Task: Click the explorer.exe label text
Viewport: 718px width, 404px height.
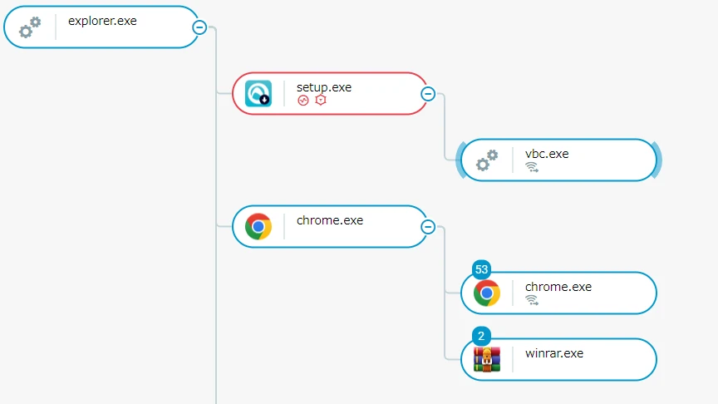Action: point(102,21)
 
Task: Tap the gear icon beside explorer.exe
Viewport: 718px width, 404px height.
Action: point(30,27)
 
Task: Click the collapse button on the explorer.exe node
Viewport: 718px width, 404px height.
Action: point(199,27)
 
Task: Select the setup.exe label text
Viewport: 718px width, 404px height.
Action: point(324,86)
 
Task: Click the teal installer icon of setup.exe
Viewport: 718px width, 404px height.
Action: point(258,93)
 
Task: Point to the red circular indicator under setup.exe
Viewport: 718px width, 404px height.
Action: point(303,101)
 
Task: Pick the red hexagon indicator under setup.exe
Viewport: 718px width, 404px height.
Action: point(320,101)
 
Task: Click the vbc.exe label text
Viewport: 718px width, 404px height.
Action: point(547,153)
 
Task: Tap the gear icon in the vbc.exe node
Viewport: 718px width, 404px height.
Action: point(487,160)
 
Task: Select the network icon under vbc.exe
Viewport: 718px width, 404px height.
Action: point(532,167)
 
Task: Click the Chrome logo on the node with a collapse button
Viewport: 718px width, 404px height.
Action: point(258,226)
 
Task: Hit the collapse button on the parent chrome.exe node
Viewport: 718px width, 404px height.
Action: point(428,226)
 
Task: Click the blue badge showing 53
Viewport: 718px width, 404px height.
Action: point(481,269)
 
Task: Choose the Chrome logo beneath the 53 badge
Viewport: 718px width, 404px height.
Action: point(487,293)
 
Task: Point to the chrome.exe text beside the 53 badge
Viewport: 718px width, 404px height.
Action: point(558,286)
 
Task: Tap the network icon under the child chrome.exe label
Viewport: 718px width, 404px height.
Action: point(532,300)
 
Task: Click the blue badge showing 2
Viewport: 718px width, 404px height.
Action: point(481,336)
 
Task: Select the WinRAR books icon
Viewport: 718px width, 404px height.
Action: point(487,359)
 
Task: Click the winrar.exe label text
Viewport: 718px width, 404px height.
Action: point(554,352)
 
